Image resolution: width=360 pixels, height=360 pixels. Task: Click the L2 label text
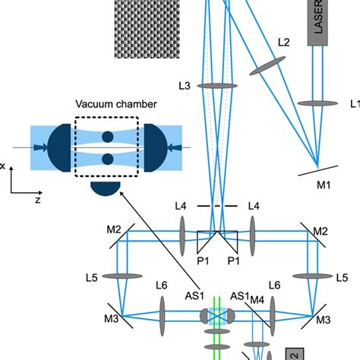click(x=283, y=43)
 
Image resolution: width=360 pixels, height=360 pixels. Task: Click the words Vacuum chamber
click(x=106, y=104)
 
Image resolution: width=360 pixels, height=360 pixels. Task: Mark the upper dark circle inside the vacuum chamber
click(x=107, y=137)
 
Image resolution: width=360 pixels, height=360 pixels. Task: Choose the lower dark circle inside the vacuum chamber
click(x=107, y=159)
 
